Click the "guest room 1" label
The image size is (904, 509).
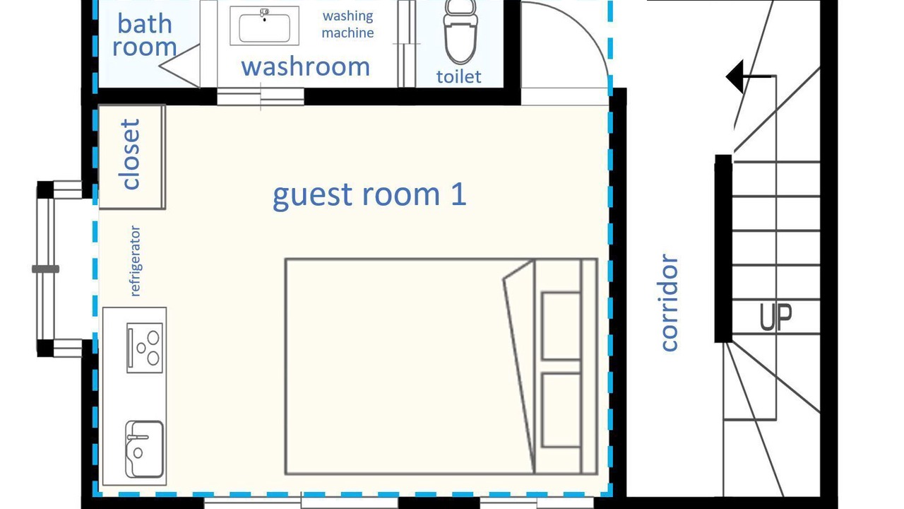(369, 196)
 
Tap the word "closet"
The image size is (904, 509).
(131, 154)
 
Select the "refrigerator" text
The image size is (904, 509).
(135, 261)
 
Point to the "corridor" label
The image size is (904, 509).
(670, 303)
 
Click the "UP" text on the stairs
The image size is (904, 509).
(775, 317)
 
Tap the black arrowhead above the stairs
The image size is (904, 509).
(734, 77)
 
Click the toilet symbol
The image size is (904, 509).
(460, 33)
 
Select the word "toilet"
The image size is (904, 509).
(459, 77)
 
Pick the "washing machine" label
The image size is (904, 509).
(348, 24)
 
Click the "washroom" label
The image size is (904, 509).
(306, 66)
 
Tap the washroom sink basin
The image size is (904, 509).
(264, 28)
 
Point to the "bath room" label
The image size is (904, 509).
(145, 35)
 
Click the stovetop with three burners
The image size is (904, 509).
(145, 347)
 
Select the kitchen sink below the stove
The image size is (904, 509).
(144, 449)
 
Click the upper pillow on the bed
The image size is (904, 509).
(561, 326)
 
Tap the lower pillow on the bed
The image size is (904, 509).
(561, 410)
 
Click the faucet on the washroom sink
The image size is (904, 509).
(264, 13)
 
